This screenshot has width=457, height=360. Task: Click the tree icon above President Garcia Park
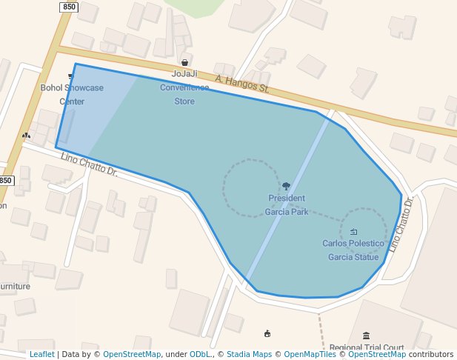pyautogui.click(x=287, y=186)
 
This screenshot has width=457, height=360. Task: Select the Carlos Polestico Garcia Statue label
pyautogui.click(x=353, y=250)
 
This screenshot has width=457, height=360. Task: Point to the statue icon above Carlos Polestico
pyautogui.click(x=353, y=232)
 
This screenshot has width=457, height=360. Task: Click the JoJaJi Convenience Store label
pyautogui.click(x=184, y=87)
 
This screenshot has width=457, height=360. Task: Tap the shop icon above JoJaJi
pyautogui.click(x=184, y=63)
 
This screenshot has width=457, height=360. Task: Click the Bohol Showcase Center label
pyautogui.click(x=72, y=94)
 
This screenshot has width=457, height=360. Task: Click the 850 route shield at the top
pyautogui.click(x=69, y=7)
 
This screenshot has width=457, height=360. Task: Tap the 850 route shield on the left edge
pyautogui.click(x=6, y=181)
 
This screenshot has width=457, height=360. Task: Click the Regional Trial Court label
pyautogui.click(x=367, y=347)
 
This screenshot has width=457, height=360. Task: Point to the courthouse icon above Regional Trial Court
pyautogui.click(x=367, y=336)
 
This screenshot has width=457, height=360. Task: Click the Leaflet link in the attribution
pyautogui.click(x=41, y=354)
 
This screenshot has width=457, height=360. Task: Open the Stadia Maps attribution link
pyautogui.click(x=250, y=354)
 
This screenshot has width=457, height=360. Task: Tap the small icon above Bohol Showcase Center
pyautogui.click(x=72, y=76)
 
